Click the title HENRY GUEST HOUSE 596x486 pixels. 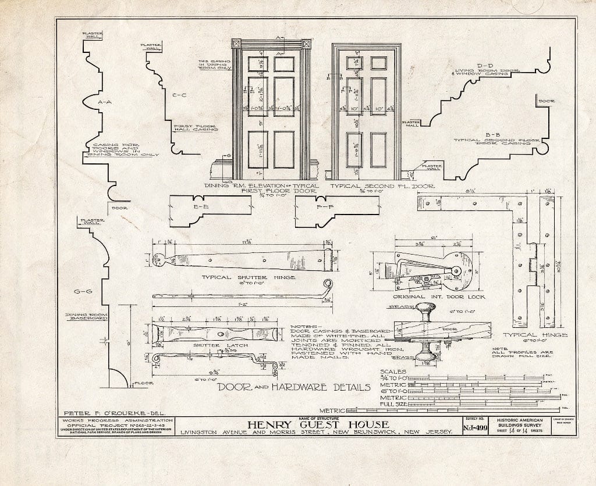(x=317, y=424)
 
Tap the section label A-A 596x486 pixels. (x=105, y=102)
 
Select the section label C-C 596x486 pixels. (x=179, y=94)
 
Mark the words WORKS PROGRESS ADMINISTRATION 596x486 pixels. (x=115, y=420)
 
